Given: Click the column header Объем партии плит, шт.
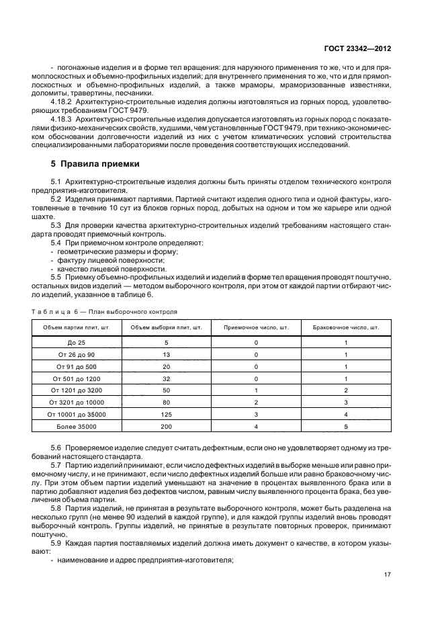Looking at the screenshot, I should coord(77,327).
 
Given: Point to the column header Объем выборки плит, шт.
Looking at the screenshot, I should coord(166,327).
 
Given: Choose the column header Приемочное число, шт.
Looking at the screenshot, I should coord(256,327).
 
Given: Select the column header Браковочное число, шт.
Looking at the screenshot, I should coord(345,327).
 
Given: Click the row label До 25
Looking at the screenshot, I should coord(77,343).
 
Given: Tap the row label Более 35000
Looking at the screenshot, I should coord(77,426).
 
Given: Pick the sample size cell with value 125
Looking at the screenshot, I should coord(166,414).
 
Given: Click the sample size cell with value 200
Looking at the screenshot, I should coord(166,426).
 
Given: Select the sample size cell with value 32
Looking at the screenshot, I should coord(166,378).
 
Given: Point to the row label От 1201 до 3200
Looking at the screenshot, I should coord(77,390).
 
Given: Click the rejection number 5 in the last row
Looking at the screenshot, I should coord(345,426).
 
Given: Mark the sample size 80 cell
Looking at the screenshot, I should coord(166,402).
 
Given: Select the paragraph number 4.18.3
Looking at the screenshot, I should coord(61,119).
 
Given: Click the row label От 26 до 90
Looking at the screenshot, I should coord(77,354).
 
